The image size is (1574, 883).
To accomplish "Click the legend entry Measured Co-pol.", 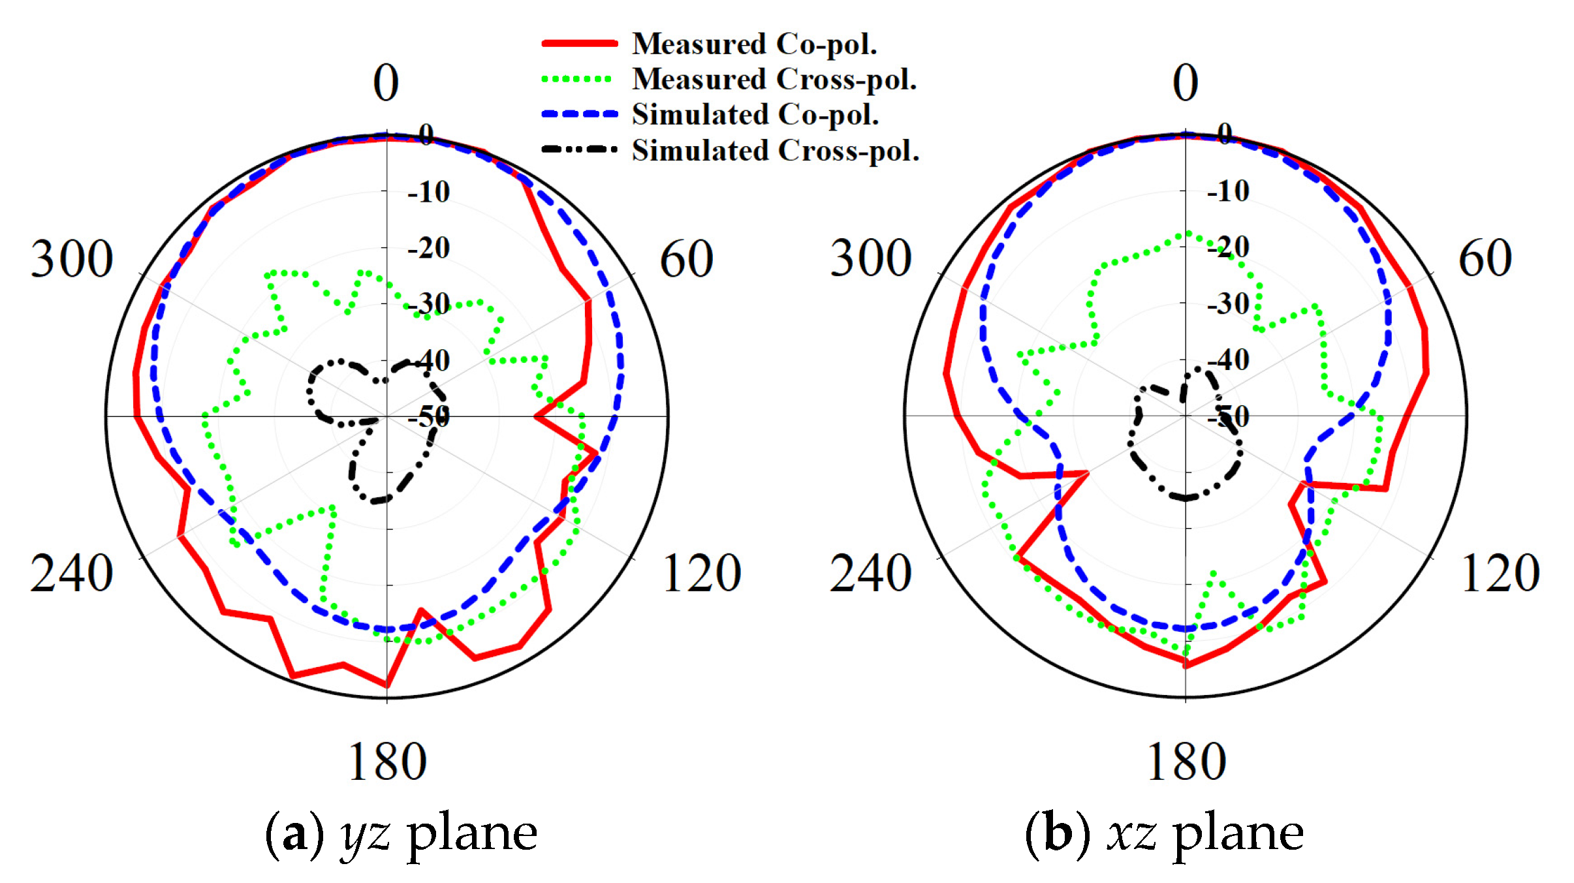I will tap(754, 44).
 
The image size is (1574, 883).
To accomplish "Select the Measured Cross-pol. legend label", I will tap(774, 80).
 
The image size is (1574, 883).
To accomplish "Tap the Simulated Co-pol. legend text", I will tap(755, 115).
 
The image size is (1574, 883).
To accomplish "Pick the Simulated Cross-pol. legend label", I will tap(776, 151).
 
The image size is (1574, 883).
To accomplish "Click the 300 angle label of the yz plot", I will tap(72, 259).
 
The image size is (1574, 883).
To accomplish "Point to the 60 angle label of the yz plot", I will tap(686, 259).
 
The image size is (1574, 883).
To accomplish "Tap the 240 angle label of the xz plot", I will tap(870, 574).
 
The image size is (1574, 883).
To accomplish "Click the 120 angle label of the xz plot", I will tap(1500, 574).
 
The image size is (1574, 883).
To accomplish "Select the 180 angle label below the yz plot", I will tap(387, 762).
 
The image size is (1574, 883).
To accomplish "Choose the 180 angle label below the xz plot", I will tap(1186, 762).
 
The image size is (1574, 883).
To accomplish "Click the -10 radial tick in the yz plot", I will tap(429, 192).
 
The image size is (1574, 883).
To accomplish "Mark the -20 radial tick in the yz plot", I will tap(429, 248).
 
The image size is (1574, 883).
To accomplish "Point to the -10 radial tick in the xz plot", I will tap(1228, 191).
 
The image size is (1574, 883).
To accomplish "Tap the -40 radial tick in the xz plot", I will tap(1228, 360).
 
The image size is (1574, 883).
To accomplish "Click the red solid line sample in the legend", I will tap(579, 44).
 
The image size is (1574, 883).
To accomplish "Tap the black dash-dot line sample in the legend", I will tap(579, 149).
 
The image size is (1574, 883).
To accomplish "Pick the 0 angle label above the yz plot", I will tap(386, 83).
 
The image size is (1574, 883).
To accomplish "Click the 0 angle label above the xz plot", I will tap(1186, 83).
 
